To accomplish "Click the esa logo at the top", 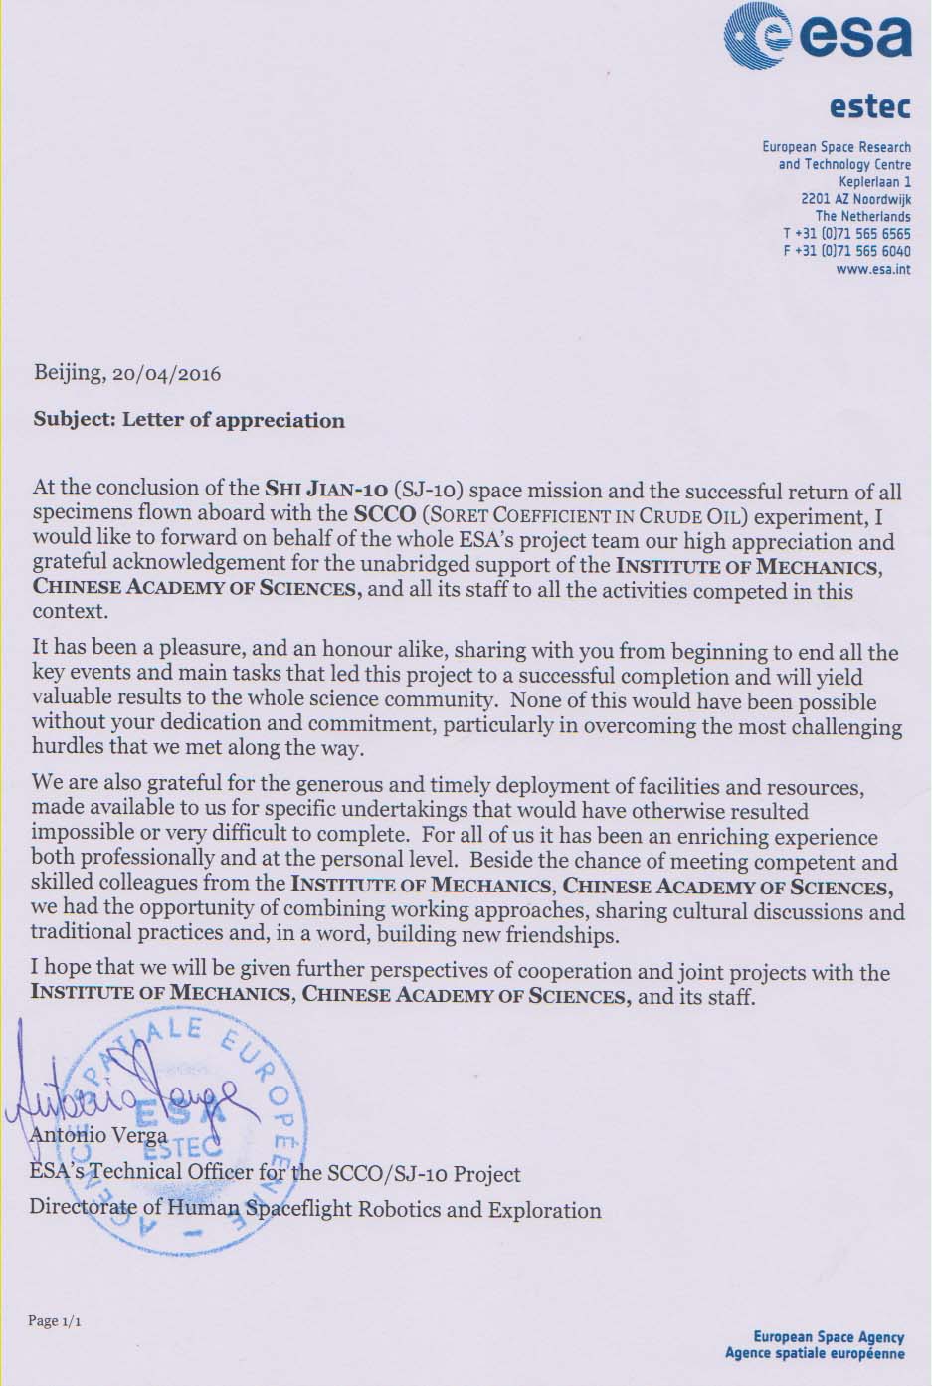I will coord(818,37).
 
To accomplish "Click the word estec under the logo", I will coord(869,105).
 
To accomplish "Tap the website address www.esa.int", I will coord(873,268).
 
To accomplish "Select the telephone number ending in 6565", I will coord(846,234).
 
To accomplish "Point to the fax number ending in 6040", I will coord(846,251).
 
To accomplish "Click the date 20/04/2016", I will coord(167,374).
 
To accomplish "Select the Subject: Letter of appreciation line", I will coord(189,420).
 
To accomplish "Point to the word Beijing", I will coord(69,374).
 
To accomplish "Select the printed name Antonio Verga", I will coord(99,1134).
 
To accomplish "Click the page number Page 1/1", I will coord(54,1321).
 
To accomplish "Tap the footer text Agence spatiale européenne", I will coord(815,1353).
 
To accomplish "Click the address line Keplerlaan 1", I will coord(874,182).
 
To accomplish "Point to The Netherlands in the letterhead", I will coord(862,216).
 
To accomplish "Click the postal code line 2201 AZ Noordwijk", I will coord(855,199).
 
